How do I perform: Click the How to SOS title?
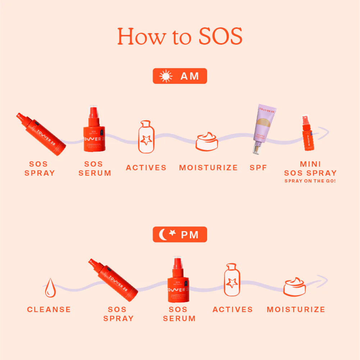[x=180, y=36]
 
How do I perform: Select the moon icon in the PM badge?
[x=164, y=235]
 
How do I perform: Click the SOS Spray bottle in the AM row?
[x=41, y=134]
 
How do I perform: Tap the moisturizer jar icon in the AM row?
[x=207, y=141]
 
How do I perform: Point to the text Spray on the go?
[x=310, y=181]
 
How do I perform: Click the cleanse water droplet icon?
[x=50, y=288]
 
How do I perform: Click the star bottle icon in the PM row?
[x=232, y=280]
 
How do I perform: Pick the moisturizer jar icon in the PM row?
[x=294, y=287]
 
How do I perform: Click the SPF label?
[x=259, y=168]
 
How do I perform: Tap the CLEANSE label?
[x=49, y=310]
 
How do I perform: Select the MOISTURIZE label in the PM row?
[x=296, y=310]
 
